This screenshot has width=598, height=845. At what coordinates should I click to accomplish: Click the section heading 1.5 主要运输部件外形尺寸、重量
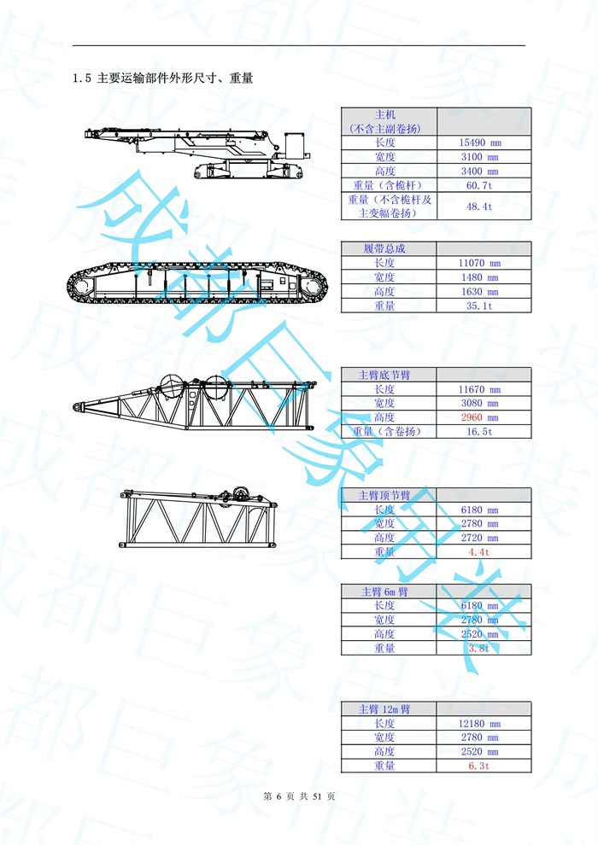coord(162,79)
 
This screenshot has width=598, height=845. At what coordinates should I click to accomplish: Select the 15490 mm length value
coord(479,143)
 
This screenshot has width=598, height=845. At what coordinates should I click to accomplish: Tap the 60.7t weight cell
coord(479,185)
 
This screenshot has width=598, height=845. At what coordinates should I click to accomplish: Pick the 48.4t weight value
coord(479,207)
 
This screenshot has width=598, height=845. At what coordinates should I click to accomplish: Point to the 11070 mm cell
coord(479,263)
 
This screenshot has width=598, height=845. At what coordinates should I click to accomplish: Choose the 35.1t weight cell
coord(479,306)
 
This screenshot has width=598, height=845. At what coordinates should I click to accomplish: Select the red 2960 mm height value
coord(479,417)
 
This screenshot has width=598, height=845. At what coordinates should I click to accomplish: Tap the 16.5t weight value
coord(479,432)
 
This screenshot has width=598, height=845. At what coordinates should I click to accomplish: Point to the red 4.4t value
coord(479,552)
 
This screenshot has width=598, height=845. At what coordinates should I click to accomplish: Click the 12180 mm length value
coord(479,724)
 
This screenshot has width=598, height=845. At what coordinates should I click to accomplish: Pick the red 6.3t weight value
coord(479,766)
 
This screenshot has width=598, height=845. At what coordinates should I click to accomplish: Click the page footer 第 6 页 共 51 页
coord(299,796)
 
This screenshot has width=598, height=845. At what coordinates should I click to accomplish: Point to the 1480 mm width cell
coord(479,277)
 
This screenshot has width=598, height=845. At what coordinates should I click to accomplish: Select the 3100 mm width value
coord(479,157)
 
